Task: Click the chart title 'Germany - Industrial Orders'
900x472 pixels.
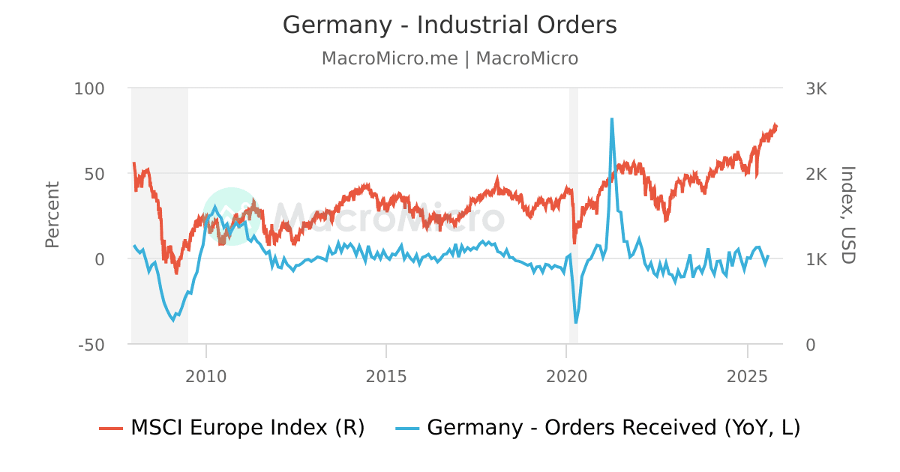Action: click(x=449, y=25)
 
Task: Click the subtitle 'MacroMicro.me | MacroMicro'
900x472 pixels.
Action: click(x=449, y=58)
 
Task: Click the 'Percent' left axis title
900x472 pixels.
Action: click(x=52, y=215)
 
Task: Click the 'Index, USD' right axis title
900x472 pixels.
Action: click(x=847, y=215)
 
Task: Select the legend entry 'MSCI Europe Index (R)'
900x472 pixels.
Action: click(x=232, y=428)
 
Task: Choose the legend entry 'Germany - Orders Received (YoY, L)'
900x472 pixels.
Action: click(x=598, y=428)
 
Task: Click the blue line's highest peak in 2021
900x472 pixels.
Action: click(x=612, y=119)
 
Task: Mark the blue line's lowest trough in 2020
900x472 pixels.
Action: click(x=576, y=323)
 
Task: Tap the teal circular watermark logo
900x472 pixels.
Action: click(x=231, y=216)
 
